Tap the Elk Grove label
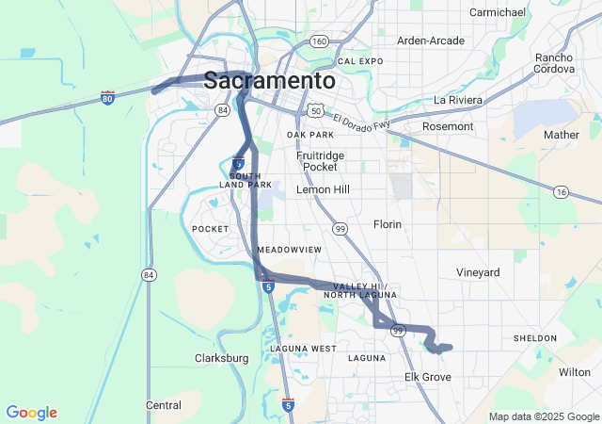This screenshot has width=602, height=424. click(428, 377)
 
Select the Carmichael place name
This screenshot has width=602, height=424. click(498, 12)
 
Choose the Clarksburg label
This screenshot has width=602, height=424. click(221, 358)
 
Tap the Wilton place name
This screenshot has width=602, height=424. click(574, 372)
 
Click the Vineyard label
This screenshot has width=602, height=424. click(478, 272)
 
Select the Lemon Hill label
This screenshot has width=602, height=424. click(323, 189)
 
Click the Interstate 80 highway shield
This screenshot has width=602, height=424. click(108, 97)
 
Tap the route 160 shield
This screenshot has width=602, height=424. click(319, 41)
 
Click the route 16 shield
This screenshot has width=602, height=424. click(562, 192)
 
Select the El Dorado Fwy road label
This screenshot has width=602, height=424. click(360, 121)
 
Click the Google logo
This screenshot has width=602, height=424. click(31, 413)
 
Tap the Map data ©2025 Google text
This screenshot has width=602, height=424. click(543, 416)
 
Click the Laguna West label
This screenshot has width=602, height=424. click(303, 349)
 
